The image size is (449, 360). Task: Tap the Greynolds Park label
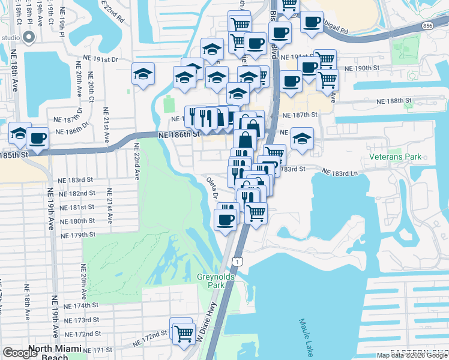(x=211, y=281)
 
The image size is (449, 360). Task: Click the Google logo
(x=20, y=353)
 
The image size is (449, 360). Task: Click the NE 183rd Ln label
(x=342, y=172)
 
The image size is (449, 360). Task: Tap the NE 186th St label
(x=178, y=136)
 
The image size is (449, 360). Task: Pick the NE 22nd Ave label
(x=136, y=161)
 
